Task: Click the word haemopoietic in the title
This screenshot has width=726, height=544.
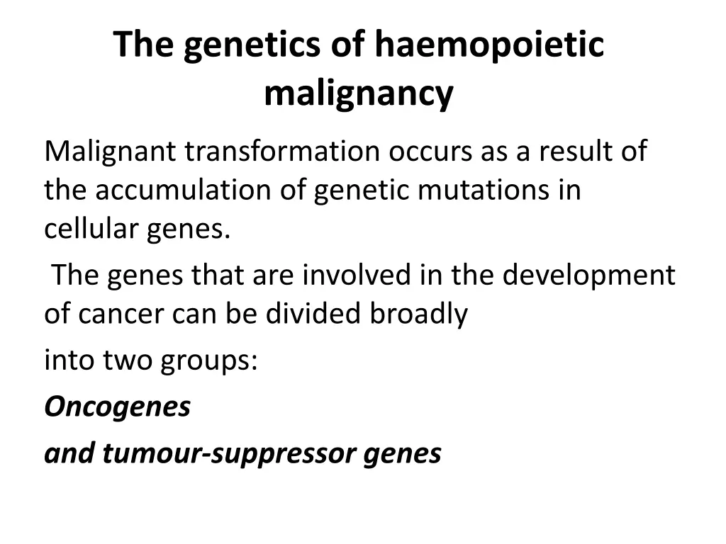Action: pos(489,45)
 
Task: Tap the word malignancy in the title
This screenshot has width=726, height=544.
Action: pos(359,93)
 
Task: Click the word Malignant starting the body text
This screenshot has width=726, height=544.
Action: pos(109,152)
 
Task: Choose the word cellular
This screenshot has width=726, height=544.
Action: pos(91,229)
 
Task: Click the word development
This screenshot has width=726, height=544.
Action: pos(589,275)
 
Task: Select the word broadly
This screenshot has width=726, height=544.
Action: pos(418,314)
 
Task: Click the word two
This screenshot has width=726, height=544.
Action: pos(128,361)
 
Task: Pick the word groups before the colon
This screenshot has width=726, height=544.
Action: pos(204,361)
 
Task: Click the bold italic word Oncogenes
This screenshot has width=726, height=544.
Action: pos(118,407)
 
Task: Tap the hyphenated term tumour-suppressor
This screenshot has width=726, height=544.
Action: pos(230,453)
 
